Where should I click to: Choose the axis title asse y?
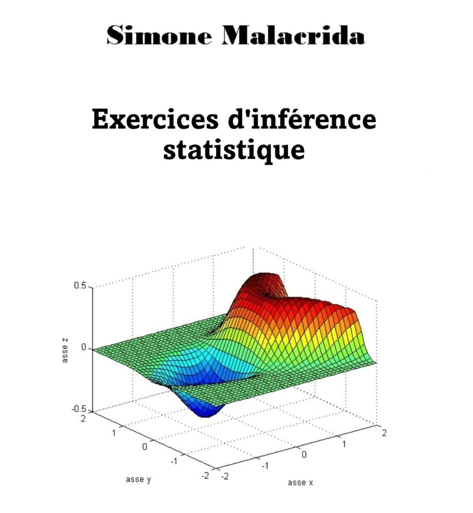(x=139, y=479)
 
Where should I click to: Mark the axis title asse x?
(x=300, y=483)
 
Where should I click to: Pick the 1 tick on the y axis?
(x=114, y=432)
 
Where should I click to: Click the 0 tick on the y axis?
(x=145, y=446)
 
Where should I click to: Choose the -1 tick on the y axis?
(x=174, y=461)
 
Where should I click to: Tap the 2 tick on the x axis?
(x=384, y=434)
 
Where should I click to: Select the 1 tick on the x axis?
(x=344, y=444)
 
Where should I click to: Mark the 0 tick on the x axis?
(x=304, y=455)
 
